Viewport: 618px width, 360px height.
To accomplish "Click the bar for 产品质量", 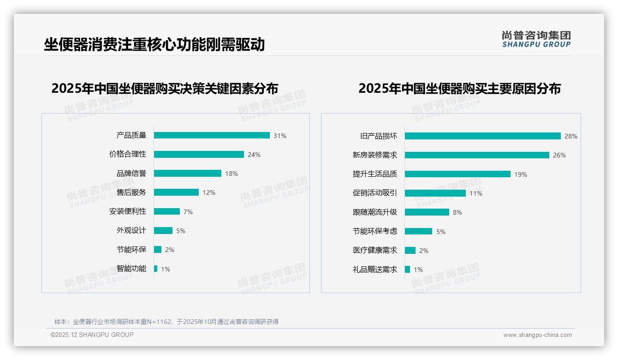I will pyautogui.click(x=212, y=135).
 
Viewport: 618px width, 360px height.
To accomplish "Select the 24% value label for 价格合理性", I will pyautogui.click(x=254, y=155).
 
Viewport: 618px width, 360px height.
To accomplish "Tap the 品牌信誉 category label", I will pyautogui.click(x=131, y=174).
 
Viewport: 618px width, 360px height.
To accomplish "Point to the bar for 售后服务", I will pyautogui.click(x=176, y=192).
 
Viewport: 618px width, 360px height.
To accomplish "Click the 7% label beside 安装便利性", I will pyautogui.click(x=188, y=212).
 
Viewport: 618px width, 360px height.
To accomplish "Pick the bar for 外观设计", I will pyautogui.click(x=163, y=230).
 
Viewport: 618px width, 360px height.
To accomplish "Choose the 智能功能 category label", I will pyautogui.click(x=131, y=269).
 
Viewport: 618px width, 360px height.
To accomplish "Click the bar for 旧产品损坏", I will pyautogui.click(x=482, y=136).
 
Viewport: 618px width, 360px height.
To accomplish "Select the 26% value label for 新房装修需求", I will pyautogui.click(x=559, y=155).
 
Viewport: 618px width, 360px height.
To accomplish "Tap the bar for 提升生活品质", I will pyautogui.click(x=458, y=174).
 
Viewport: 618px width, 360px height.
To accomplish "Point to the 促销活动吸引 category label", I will pyautogui.click(x=375, y=193).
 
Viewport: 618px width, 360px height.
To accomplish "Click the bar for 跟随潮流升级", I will pyautogui.click(x=427, y=212).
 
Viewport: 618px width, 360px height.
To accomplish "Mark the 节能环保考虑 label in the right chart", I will pyautogui.click(x=375, y=231).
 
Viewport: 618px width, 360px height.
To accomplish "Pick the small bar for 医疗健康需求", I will pyautogui.click(x=410, y=250).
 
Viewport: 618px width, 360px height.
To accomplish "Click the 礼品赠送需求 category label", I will pyautogui.click(x=375, y=270).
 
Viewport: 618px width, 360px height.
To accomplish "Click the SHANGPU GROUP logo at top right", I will pyautogui.click(x=536, y=39).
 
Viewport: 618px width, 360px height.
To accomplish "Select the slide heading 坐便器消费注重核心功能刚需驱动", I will pyautogui.click(x=154, y=44).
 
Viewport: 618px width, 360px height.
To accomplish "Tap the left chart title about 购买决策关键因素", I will pyautogui.click(x=165, y=88).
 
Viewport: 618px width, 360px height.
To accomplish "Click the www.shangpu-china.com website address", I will pyautogui.click(x=537, y=335).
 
